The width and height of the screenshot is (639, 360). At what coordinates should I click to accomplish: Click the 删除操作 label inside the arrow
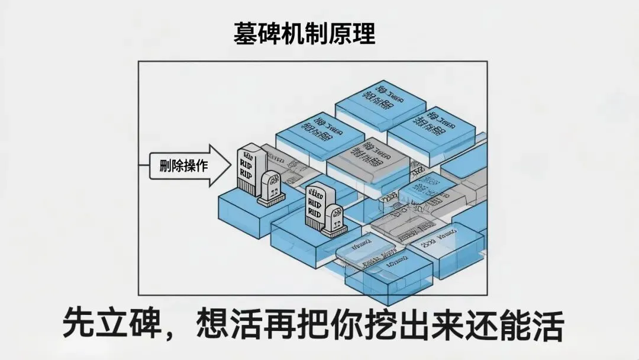[x=183, y=165]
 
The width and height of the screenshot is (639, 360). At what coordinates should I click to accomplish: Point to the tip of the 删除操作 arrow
[x=231, y=166]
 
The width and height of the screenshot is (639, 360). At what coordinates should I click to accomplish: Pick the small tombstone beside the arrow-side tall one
[x=270, y=188]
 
